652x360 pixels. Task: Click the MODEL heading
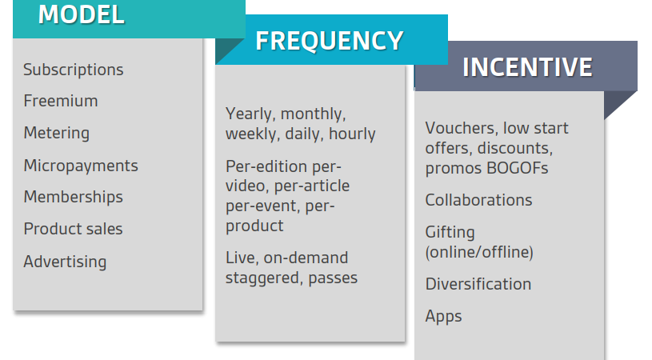[81, 14]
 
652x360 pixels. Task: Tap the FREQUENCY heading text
[330, 41]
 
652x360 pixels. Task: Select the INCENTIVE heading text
[527, 67]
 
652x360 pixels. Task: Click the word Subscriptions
[73, 70]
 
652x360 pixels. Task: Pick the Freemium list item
[61, 101]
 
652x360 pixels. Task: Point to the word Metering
[57, 133]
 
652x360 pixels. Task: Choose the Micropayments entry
[81, 166]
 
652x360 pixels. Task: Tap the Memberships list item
[73, 197]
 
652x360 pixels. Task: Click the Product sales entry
[73, 229]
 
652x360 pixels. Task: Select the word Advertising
[65, 262]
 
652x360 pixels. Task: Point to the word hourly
[352, 134]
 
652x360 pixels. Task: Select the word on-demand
[306, 258]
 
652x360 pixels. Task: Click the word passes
[333, 278]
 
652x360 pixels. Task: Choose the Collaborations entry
[478, 200]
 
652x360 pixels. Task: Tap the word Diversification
[478, 284]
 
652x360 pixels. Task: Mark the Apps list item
[443, 317]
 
